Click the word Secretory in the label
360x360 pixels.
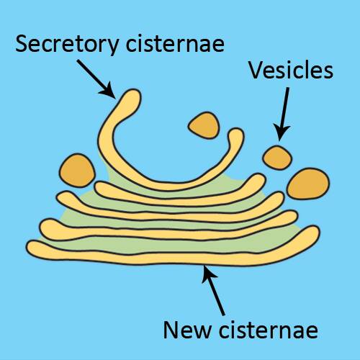[67, 44]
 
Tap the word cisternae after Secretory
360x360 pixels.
[176, 43]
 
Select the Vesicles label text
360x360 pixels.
[291, 70]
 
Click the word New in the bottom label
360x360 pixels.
[186, 330]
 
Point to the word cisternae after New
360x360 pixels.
[269, 330]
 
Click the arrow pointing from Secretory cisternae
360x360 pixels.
[96, 79]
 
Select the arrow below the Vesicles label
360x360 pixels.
[283, 114]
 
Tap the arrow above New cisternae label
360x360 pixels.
[214, 290]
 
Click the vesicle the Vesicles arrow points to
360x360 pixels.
[277, 158]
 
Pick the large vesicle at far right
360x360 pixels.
[308, 184]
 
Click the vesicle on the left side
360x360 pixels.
[77, 171]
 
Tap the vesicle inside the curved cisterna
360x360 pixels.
[204, 125]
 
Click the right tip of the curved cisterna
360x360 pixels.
[236, 132]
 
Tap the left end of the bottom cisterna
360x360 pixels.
[30, 248]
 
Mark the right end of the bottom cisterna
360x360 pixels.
[315, 231]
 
